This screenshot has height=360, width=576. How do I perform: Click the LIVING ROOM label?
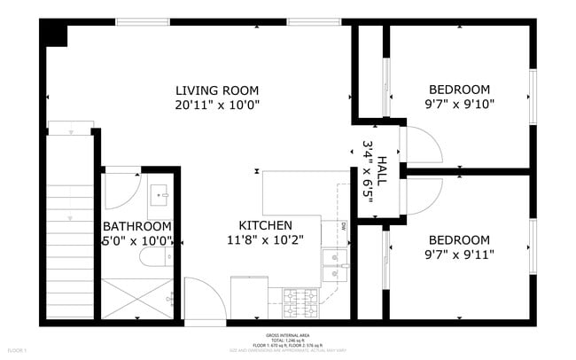pyautogui.click(x=216, y=90)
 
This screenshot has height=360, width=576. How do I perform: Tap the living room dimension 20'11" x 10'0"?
pyautogui.click(x=216, y=105)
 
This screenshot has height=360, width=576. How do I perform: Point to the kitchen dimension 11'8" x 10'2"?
pyautogui.click(x=265, y=240)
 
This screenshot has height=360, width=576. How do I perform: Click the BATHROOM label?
pyautogui.click(x=136, y=226)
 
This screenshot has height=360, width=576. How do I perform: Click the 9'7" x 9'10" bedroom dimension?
pyautogui.click(x=459, y=104)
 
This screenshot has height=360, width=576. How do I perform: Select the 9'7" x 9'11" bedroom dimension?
pyautogui.click(x=459, y=254)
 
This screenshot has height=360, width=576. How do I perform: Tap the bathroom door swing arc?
pyautogui.click(x=121, y=190)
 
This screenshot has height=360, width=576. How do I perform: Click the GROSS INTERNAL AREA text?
pyautogui.click(x=287, y=335)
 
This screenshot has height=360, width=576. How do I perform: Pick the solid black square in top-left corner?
pyautogui.click(x=54, y=35)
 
